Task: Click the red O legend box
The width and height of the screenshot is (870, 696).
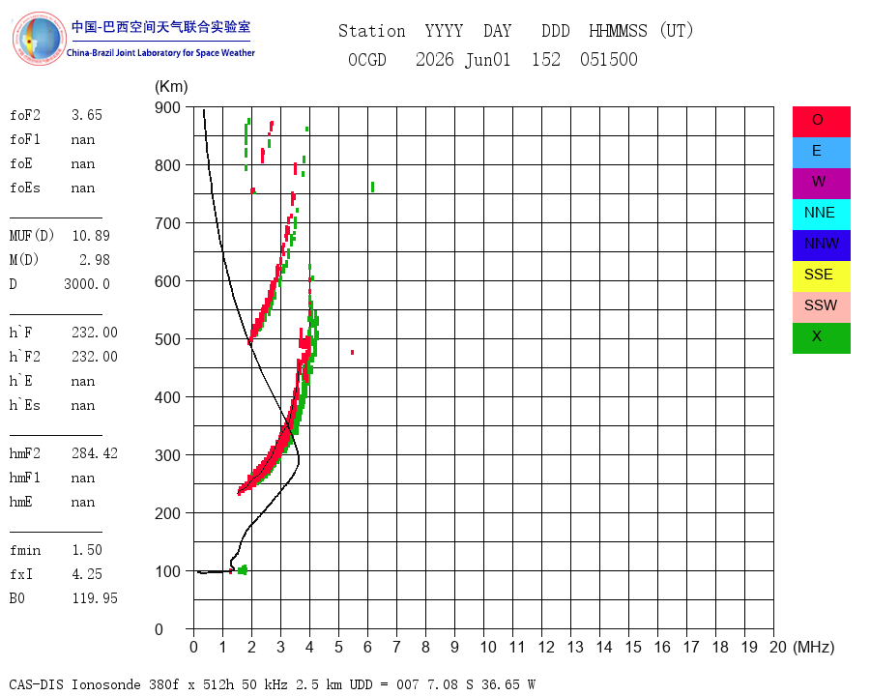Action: (821, 121)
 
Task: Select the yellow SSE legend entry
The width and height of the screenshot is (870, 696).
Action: (821, 275)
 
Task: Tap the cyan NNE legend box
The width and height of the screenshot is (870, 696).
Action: (821, 215)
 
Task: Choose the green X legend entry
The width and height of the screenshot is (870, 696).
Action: (821, 338)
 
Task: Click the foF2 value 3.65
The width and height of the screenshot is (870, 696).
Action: (87, 115)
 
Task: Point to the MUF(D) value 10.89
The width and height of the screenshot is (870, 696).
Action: (91, 236)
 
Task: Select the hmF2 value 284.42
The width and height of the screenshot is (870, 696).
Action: (95, 453)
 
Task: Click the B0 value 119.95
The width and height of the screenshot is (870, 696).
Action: (95, 598)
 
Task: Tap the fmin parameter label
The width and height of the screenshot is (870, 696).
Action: (25, 550)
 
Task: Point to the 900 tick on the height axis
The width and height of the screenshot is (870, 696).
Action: (167, 107)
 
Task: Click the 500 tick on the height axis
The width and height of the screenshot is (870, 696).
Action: (167, 339)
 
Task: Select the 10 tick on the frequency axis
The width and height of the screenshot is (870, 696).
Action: (488, 647)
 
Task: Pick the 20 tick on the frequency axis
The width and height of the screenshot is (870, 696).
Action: (778, 647)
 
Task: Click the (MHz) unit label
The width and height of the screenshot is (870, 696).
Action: (814, 647)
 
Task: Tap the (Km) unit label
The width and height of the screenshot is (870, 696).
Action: (171, 87)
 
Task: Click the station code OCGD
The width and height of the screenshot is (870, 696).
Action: (367, 59)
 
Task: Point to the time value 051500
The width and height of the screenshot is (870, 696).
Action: (609, 59)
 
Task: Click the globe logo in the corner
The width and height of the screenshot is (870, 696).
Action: (39, 39)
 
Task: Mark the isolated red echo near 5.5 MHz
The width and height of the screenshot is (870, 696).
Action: (352, 353)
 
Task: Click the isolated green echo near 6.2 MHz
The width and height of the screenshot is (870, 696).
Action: (372, 187)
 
